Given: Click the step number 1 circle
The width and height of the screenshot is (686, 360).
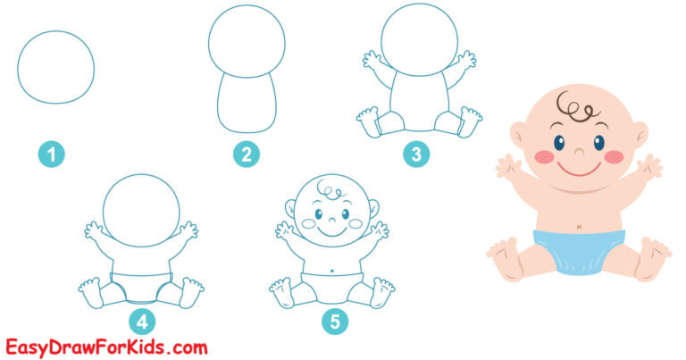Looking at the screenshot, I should click(x=52, y=155).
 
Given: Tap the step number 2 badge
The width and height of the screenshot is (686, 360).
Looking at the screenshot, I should click(x=247, y=155).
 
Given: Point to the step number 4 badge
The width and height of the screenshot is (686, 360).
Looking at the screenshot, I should click(x=141, y=320).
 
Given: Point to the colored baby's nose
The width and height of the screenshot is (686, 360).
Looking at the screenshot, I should click(x=577, y=145).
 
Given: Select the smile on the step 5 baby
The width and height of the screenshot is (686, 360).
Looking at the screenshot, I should click(x=332, y=231).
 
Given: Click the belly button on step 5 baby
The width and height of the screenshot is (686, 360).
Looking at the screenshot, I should click(x=332, y=271).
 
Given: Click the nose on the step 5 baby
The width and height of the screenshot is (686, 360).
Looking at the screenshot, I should click(x=332, y=217).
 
